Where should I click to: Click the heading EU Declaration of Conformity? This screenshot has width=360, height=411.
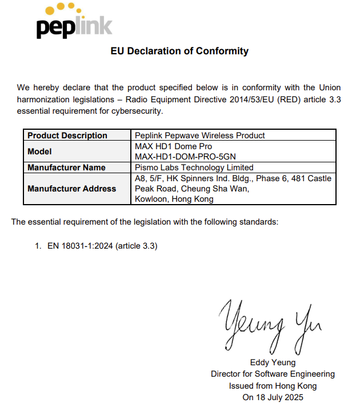(179, 51)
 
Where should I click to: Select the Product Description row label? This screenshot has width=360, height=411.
(67, 135)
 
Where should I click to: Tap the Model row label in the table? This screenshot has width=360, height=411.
(39, 151)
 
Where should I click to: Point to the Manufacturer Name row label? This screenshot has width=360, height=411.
(66, 167)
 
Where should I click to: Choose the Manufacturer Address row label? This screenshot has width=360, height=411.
(71, 189)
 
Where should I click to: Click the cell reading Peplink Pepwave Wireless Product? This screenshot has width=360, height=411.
(199, 135)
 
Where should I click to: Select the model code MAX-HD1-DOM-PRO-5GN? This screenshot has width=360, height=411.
(185, 157)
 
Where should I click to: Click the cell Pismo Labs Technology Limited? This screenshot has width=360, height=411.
(194, 167)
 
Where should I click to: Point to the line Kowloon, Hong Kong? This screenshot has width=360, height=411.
(174, 199)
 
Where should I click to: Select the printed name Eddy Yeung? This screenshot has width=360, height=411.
(273, 362)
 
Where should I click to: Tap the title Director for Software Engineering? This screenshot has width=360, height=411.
(273, 374)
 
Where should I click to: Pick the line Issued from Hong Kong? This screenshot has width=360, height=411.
(273, 385)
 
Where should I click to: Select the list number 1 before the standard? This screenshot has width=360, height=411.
(37, 246)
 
